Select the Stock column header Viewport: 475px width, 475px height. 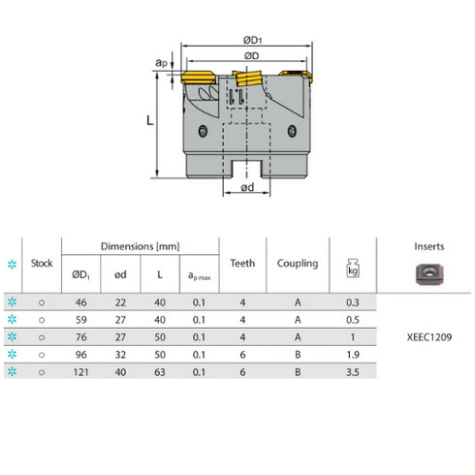pos(41,262)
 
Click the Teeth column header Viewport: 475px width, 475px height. pos(242,262)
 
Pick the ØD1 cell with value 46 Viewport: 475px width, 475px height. pos(80,303)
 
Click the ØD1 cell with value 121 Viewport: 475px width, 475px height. pos(80,369)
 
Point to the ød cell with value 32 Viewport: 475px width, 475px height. pos(120,353)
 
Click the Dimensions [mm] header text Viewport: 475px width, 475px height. pos(140,246)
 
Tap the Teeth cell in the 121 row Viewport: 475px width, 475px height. pos(242,369)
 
